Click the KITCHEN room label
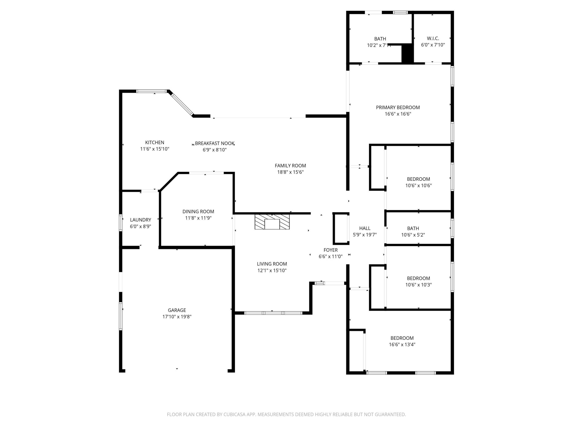coord(154,142)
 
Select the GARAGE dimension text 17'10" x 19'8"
coord(177,317)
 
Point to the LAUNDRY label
coord(140,220)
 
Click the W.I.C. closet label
coord(433,38)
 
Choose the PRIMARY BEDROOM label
coord(398,107)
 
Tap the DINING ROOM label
coord(198,212)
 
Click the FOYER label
coord(330,250)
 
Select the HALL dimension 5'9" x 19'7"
coord(364,235)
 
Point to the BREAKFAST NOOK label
coord(214,143)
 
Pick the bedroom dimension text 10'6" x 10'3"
coord(418,285)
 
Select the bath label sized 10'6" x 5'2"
coord(413,228)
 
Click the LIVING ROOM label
coord(272,264)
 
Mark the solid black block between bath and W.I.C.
coord(407,53)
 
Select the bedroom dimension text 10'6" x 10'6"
coord(418,186)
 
